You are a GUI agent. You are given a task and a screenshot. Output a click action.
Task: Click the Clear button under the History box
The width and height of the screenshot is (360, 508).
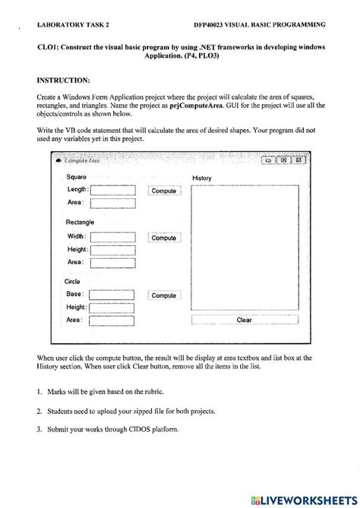click(x=244, y=320)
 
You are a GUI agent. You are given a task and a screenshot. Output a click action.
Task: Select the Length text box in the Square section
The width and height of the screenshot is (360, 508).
click(x=112, y=190)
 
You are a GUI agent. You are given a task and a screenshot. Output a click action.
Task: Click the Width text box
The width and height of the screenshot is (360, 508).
click(x=112, y=237)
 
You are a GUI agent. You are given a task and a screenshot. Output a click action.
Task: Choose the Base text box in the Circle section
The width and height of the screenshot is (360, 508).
click(x=112, y=295)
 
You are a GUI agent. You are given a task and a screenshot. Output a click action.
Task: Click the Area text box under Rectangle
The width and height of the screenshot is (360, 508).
click(x=112, y=262)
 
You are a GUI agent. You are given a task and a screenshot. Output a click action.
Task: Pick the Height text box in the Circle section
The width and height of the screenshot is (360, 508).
click(x=112, y=308)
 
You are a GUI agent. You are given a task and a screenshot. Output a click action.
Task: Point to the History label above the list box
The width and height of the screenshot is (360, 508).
click(x=202, y=178)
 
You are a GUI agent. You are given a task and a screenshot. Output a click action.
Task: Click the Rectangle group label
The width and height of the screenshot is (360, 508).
click(x=80, y=222)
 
